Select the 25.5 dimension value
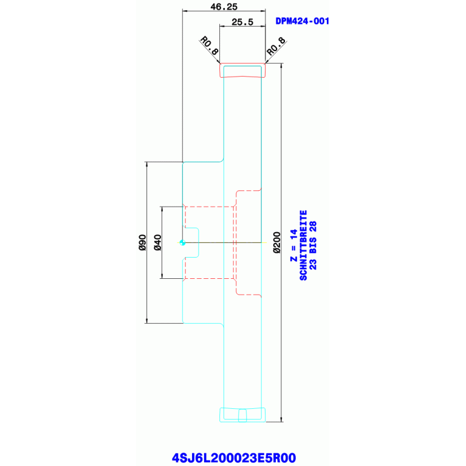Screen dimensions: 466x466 (242, 22)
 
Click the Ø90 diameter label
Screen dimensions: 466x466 (141, 242)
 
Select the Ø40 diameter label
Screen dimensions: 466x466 (157, 242)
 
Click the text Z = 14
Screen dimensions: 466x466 (293, 245)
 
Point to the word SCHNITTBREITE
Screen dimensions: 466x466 (303, 245)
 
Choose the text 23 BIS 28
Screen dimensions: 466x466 (313, 241)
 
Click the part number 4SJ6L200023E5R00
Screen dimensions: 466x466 (233, 457)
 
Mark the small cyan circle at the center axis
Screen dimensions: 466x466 (182, 242)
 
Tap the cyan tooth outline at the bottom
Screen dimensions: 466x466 (242, 414)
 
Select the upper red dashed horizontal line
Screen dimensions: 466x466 (209, 207)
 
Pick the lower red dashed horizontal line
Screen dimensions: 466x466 (209, 278)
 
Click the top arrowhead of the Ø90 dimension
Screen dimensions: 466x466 (146, 164)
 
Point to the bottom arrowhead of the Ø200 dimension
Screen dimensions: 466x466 (281, 418)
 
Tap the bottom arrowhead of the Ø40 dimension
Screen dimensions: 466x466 (162, 276)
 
